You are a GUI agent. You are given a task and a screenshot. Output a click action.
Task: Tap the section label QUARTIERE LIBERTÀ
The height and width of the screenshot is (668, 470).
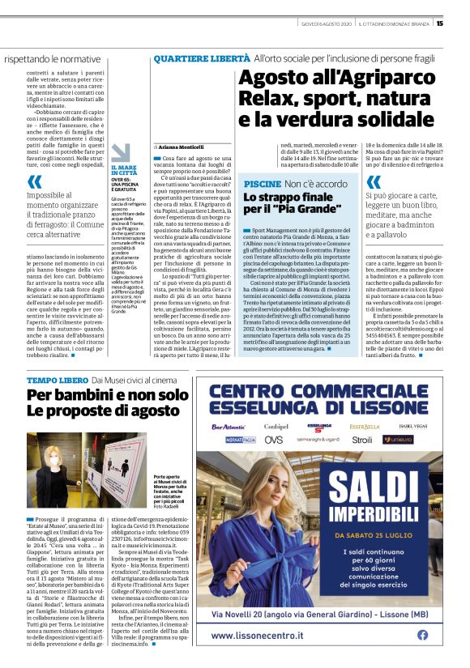click(201, 59)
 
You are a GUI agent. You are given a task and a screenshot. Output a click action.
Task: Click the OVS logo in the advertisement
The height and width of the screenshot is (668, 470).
click(274, 440)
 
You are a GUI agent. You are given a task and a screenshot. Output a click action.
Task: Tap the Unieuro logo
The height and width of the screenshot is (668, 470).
click(399, 440)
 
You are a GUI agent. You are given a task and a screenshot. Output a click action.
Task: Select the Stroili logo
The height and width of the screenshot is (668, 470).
click(362, 440)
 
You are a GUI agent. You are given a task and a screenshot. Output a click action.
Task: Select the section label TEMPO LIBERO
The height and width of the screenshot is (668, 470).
click(55, 379)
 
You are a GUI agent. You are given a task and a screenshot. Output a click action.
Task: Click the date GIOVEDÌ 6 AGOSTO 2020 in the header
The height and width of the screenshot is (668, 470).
click(326, 23)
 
